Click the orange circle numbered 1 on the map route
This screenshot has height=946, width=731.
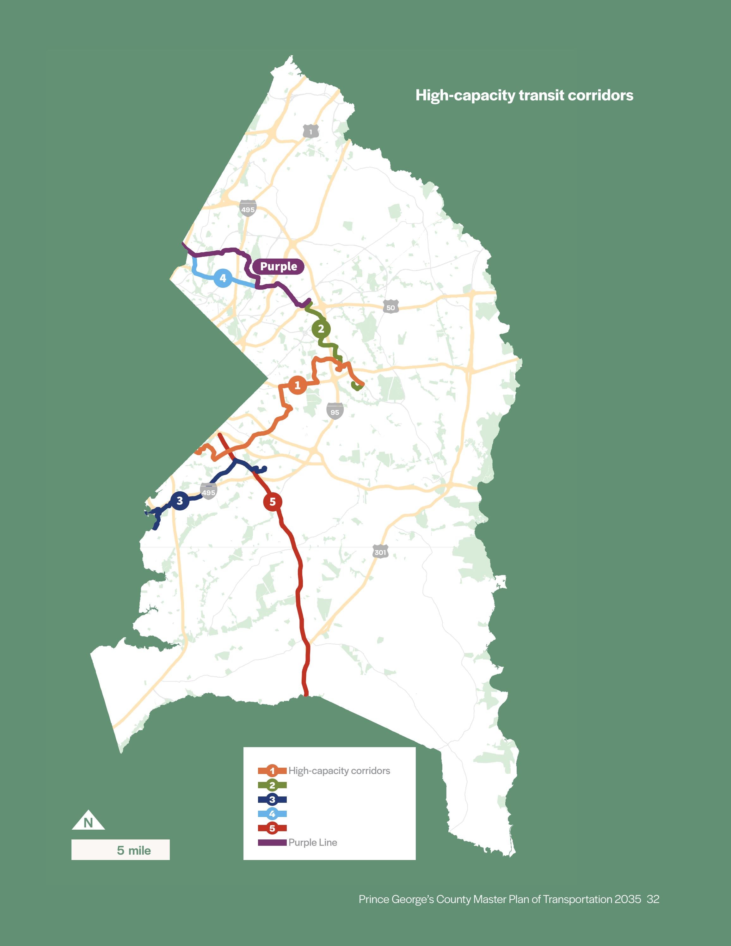point(297,385)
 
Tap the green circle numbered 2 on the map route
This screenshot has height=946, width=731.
point(321,329)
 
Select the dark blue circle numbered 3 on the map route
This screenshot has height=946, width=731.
point(180,501)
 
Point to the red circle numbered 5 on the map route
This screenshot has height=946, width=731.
point(273,501)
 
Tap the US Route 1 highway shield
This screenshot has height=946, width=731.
point(310,131)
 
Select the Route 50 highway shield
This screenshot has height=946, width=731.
point(390,307)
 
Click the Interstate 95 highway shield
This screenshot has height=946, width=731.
point(335,411)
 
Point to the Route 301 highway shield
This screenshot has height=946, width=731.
point(380,552)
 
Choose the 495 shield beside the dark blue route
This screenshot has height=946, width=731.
point(208,492)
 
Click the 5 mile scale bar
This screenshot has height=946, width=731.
point(120,850)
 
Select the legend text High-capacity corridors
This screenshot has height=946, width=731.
point(339,771)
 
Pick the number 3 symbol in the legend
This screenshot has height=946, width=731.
point(272,800)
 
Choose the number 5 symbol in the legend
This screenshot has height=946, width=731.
point(272,828)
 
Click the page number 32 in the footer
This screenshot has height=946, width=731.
point(653,899)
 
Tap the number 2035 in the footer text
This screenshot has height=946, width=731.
point(628,899)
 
